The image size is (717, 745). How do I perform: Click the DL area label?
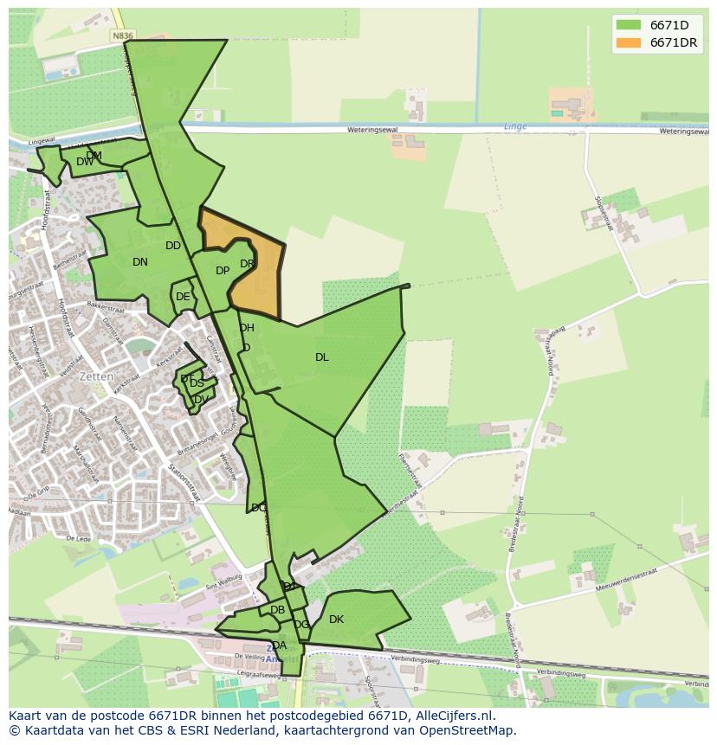pos(322,357)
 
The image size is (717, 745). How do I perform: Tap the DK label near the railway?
pos(336,620)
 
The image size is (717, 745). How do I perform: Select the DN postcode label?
pos(140,262)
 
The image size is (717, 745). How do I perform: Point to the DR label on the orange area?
pos(247,264)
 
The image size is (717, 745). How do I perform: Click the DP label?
pos(223,271)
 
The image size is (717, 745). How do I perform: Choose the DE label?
pos(183,297)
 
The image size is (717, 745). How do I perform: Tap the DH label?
pos(247,328)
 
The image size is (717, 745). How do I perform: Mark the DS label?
pos(197,383)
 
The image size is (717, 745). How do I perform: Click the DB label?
pos(277,610)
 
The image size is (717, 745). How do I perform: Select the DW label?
pos(84,162)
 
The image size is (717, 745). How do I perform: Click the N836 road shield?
pos(122,35)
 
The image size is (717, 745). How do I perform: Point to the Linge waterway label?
pos(515,126)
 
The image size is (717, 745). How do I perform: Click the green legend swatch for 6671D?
pos(629,25)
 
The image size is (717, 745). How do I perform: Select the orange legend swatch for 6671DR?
pos(629,42)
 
